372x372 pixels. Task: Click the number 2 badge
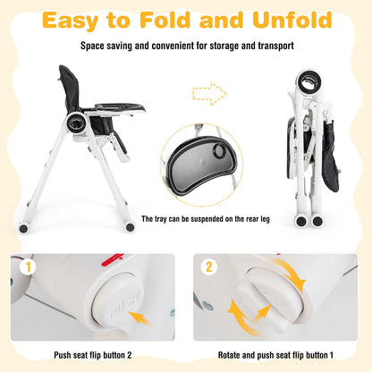pyautogui.click(x=209, y=266)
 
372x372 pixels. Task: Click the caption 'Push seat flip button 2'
pyautogui.click(x=98, y=355)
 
